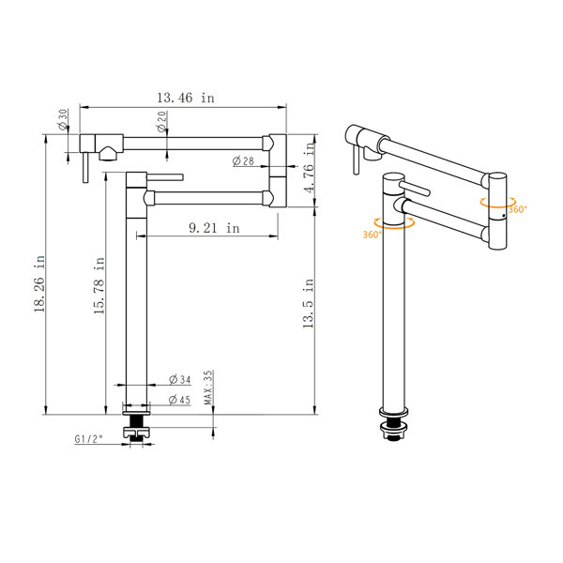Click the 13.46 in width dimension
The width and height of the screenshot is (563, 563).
click(x=186, y=98)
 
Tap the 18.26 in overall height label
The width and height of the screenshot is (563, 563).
click(x=39, y=283)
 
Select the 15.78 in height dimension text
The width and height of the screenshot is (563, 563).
click(x=99, y=286)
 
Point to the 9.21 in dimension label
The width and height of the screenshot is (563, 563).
click(x=214, y=228)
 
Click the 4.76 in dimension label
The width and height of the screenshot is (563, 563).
click(x=309, y=167)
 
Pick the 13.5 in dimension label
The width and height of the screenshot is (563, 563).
click(x=308, y=303)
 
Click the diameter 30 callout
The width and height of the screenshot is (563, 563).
click(x=63, y=119)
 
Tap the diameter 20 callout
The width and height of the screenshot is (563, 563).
click(x=162, y=121)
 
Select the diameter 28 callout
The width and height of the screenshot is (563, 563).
click(x=243, y=160)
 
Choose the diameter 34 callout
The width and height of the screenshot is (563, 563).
click(x=180, y=379)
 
